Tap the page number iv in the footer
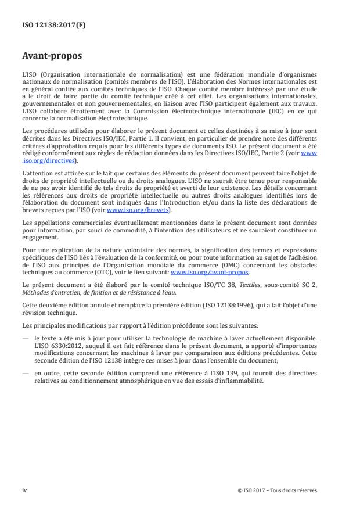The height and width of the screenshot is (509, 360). [x=24, y=490]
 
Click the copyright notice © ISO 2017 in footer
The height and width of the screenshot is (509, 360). [x=277, y=490]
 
